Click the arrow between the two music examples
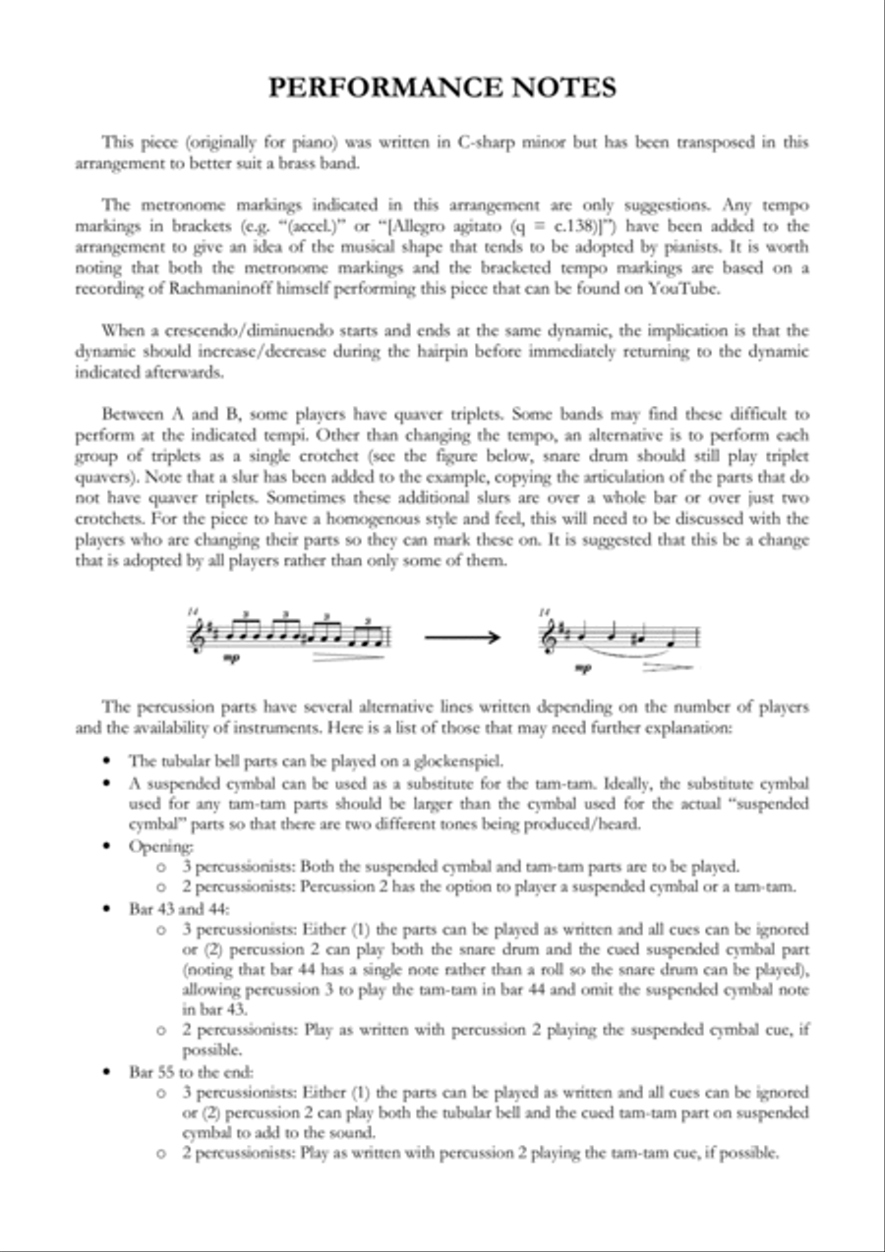[461, 638]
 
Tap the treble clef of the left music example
[194, 637]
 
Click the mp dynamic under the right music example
[584, 668]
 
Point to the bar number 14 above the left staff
[192, 611]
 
